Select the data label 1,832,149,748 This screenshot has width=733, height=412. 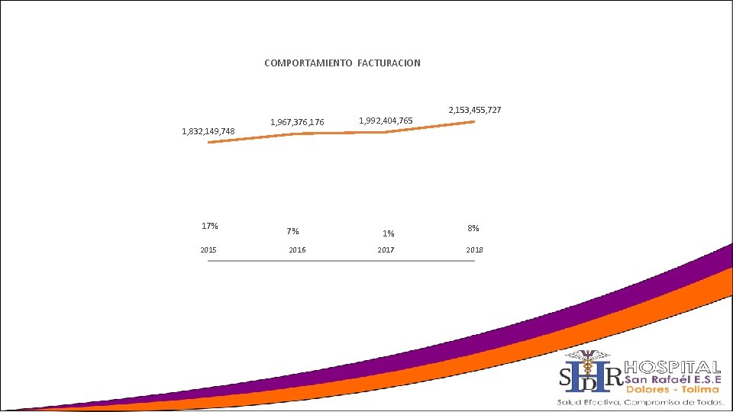208,131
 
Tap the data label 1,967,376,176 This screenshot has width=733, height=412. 297,122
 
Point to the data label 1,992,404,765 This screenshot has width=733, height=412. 386,121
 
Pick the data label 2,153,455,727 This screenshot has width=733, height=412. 474,110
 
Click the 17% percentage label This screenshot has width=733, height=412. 209,226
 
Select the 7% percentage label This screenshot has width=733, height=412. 292,231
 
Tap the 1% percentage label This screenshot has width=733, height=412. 389,233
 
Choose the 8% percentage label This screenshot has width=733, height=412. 473,227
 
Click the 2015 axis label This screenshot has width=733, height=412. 208,250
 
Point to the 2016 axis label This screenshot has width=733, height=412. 297,250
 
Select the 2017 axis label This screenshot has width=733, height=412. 386,250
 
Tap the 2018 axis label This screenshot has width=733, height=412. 474,250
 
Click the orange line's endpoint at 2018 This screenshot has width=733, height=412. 473,122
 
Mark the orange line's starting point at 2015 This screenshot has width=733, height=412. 209,142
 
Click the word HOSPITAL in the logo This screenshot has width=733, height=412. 673,367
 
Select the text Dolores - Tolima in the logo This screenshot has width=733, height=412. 672,389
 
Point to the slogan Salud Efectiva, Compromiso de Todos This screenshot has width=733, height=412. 640,401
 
